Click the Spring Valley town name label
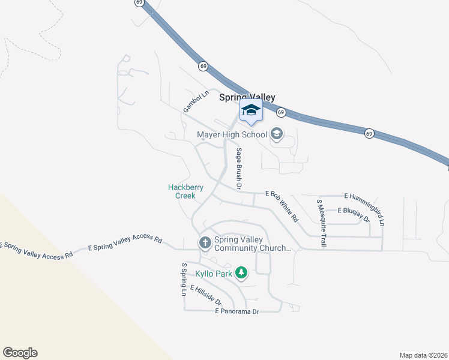coord(247,97)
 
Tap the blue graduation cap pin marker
coord(251,110)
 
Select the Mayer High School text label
coord(232,134)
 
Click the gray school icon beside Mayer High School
coord(277,133)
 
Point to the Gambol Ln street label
coord(196,101)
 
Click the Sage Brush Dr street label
coord(238,169)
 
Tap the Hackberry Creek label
coord(185,191)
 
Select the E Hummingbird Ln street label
coord(366,206)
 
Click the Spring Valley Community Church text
coord(253,243)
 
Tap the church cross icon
coord(205,243)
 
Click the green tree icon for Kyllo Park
coord(241,274)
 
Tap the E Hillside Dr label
coord(206,295)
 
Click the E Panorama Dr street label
coord(237,311)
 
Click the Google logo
coord(20,353)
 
